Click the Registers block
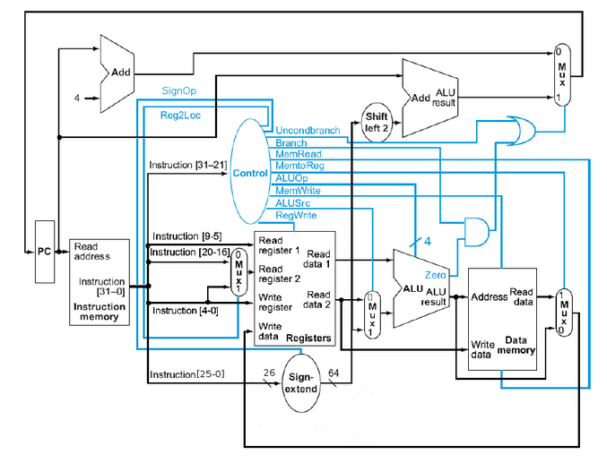click(295, 289)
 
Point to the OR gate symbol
click(520, 133)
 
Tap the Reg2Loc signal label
click(182, 115)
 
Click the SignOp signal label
click(178, 90)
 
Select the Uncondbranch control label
click(308, 131)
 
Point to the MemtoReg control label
click(300, 166)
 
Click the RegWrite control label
click(296, 215)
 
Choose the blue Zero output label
click(435, 275)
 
